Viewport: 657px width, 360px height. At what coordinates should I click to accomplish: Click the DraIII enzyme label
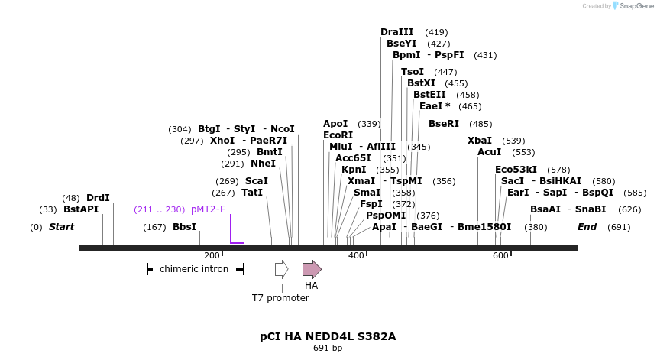(396, 32)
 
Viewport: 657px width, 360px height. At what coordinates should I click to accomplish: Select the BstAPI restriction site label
(81, 209)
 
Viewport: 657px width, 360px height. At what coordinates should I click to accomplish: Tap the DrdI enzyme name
(98, 197)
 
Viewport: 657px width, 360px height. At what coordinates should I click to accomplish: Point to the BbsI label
(184, 227)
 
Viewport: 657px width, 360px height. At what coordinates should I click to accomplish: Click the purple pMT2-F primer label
(208, 209)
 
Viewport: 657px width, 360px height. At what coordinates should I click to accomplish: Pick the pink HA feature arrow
(312, 269)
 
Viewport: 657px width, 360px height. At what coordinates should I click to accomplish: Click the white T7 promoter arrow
(281, 269)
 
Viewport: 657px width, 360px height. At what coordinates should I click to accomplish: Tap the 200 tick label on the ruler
(212, 255)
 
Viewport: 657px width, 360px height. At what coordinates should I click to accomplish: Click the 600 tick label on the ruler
(500, 255)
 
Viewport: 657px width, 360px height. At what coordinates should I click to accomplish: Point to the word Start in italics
(61, 227)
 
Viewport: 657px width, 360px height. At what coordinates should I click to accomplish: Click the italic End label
(587, 227)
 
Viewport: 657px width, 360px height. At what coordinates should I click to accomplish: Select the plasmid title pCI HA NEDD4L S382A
(328, 336)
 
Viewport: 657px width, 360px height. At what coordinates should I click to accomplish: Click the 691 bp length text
(328, 348)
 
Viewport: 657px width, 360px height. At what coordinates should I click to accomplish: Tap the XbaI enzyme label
(480, 141)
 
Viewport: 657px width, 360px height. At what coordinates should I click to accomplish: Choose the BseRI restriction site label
(443, 124)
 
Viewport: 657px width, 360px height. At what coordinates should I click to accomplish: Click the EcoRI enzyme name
(338, 135)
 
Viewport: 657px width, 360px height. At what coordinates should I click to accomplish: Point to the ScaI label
(256, 181)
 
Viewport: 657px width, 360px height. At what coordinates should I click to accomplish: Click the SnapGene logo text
(635, 6)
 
